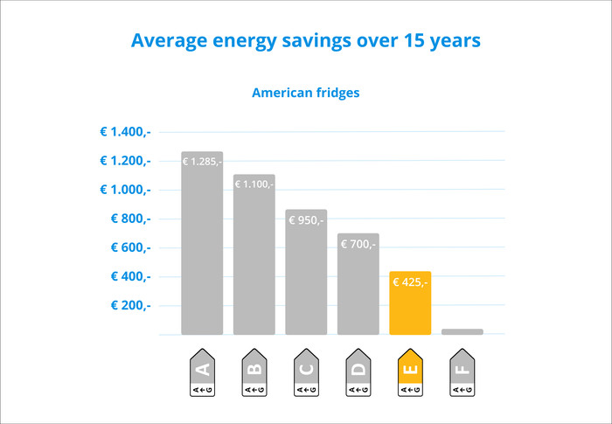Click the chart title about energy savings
click(x=305, y=41)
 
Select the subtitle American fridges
click(x=305, y=92)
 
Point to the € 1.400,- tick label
click(x=125, y=132)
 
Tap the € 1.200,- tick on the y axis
click(x=125, y=161)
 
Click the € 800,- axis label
click(x=130, y=219)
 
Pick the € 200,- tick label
click(x=130, y=305)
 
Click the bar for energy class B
click(x=254, y=262)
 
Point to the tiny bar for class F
click(x=462, y=331)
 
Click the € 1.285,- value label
click(x=202, y=162)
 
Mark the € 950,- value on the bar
click(x=306, y=220)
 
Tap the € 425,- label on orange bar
click(x=410, y=282)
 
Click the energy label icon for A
click(x=202, y=373)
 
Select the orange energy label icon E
click(x=410, y=373)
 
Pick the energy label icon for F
click(x=462, y=373)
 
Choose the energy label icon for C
click(x=306, y=373)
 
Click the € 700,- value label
click(x=358, y=245)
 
